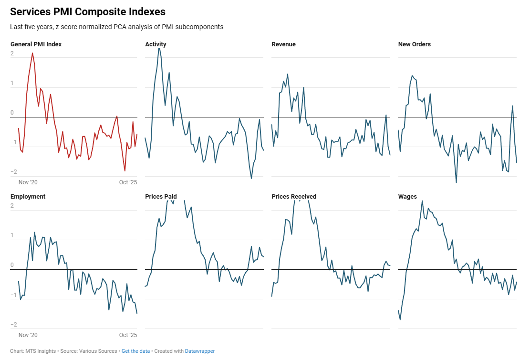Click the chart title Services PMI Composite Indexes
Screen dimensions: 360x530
tap(88, 11)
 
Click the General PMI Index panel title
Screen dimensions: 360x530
tap(36, 44)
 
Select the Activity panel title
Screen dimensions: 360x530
tap(156, 44)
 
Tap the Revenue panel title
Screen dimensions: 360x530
tap(283, 44)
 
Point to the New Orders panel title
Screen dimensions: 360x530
tap(414, 44)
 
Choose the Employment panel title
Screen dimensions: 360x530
tap(28, 197)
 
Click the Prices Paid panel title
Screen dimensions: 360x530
tap(161, 197)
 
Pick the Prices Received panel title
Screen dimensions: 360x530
tap(294, 197)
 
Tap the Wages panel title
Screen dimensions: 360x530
tap(407, 197)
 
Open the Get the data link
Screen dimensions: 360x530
tap(136, 351)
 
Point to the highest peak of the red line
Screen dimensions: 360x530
tap(32, 53)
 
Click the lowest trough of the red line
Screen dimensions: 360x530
tap(125, 170)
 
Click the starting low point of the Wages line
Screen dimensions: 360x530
tap(400, 319)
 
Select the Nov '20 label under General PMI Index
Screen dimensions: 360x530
tap(28, 182)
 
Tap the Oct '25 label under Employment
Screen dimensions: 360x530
tap(128, 335)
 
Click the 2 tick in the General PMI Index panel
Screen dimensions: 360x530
tap(12, 54)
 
